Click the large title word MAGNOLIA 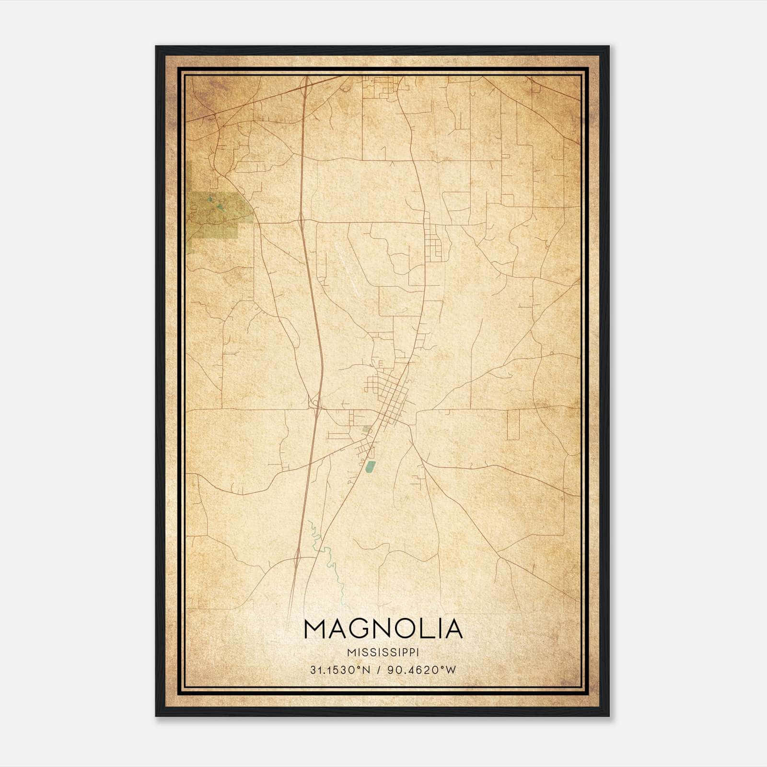coord(383,629)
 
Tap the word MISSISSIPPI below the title coord(383,652)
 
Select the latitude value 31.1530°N coord(340,670)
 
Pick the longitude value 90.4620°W coord(422,670)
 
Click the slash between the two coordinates coord(379,670)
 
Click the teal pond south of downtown coord(370,467)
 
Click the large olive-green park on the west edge coord(218,216)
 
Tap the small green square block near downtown coord(367,429)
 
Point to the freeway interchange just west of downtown coord(315,407)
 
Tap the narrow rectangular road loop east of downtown coord(512,425)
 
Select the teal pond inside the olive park coord(220,207)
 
